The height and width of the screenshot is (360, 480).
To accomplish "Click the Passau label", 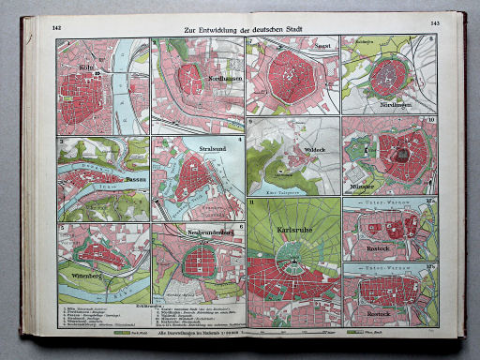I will tap(109, 176).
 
